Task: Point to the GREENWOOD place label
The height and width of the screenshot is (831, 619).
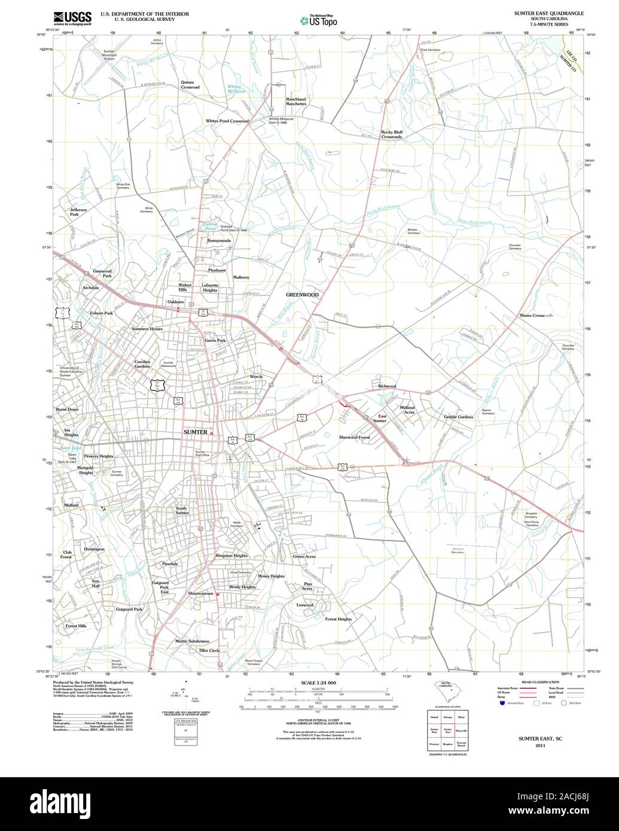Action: point(302,295)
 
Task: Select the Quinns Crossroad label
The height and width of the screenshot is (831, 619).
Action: point(190,85)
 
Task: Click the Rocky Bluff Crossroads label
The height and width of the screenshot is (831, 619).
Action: point(391,134)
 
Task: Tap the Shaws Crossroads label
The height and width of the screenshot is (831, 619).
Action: point(536,315)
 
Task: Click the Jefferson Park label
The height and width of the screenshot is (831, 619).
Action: point(78,212)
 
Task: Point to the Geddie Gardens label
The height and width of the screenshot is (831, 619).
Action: point(458,417)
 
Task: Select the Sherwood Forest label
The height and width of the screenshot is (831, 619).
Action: point(355,438)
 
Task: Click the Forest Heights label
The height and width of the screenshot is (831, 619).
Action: point(339,619)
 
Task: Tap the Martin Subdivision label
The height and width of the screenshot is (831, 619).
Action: point(192,641)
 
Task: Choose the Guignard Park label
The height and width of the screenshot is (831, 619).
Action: point(129,609)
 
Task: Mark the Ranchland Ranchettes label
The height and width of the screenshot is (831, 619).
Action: point(296,102)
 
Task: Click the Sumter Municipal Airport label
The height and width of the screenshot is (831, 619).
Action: point(109,55)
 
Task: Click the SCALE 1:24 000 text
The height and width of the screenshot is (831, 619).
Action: point(318,682)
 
